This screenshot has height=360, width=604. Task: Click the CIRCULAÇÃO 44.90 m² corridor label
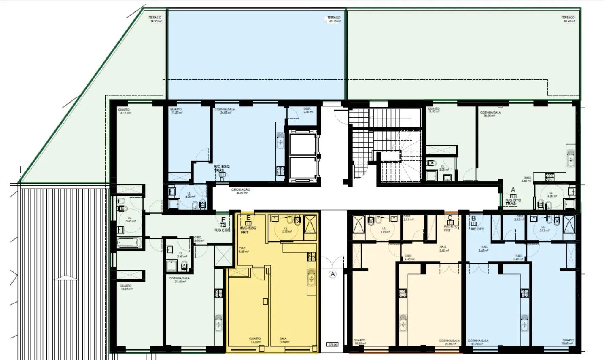pyautogui.click(x=241, y=191)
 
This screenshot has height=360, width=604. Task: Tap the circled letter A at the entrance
pyautogui.click(x=332, y=274)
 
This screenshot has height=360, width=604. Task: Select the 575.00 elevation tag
pyautogui.click(x=332, y=345)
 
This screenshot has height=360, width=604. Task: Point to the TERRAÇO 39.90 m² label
pyautogui.click(x=155, y=19)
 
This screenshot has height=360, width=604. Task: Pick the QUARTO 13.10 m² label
pyautogui.click(x=255, y=340)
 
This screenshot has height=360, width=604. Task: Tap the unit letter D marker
pyautogui.click(x=222, y=179)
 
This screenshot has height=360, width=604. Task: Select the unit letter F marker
pyautogui.click(x=223, y=219)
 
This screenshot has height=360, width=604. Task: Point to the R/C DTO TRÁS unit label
pyautogui.click(x=513, y=202)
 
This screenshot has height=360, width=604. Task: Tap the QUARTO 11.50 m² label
pyautogui.click(x=176, y=111)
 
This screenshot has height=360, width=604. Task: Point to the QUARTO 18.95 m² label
pyautogui.click(x=125, y=287)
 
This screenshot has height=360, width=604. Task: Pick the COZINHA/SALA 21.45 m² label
pyautogui.click(x=179, y=280)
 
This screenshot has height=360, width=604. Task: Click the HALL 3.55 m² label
pyautogui.click(x=526, y=179)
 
